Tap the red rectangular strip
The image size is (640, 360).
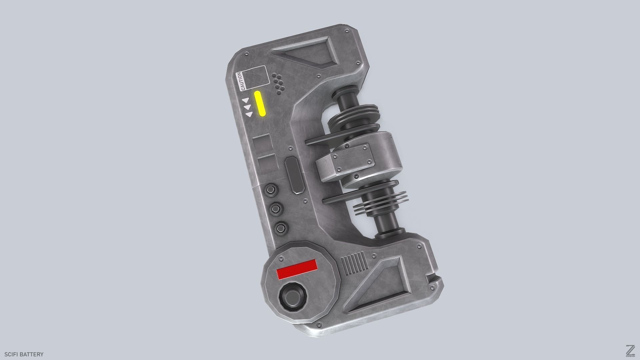coord(297,269)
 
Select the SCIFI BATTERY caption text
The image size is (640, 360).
coord(24,354)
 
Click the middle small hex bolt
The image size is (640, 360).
coord(276,209)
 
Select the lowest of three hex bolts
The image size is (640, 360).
coord(282,228)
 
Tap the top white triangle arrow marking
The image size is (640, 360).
coord(245,100)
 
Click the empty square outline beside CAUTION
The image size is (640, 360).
coord(257,78)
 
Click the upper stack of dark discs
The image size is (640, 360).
coord(353,117)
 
